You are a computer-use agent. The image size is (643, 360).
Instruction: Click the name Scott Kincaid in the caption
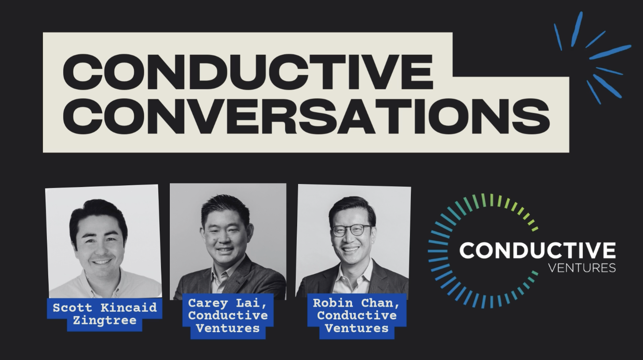click(x=105, y=307)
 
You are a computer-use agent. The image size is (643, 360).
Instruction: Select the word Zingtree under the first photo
click(x=104, y=320)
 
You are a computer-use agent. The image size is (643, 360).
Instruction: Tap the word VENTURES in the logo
click(x=582, y=268)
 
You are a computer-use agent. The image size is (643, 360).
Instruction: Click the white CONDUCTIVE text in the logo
click(x=537, y=251)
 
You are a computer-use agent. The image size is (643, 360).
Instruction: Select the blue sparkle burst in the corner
click(x=593, y=57)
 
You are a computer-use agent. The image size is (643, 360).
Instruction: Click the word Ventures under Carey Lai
click(x=228, y=328)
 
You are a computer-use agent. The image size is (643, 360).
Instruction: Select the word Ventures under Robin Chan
click(x=356, y=328)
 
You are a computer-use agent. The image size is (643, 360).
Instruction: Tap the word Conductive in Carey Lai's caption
click(x=228, y=315)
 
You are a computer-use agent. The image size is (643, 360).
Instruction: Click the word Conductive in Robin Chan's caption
click(x=356, y=315)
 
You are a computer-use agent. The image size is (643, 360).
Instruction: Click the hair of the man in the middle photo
click(x=226, y=207)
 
